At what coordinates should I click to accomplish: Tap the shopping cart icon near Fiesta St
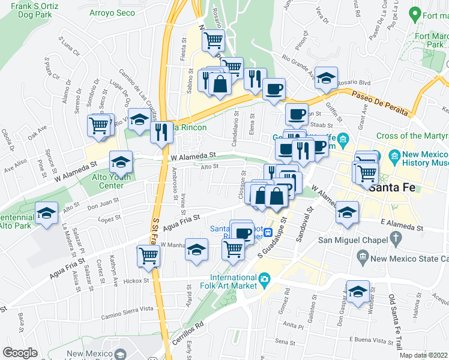coord(213,41)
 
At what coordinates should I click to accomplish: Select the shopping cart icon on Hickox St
coord(148,255)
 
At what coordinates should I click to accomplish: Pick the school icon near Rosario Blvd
coord(326,78)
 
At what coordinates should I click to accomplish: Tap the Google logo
coord(20,353)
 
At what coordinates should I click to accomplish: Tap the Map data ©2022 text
coord(423,355)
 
